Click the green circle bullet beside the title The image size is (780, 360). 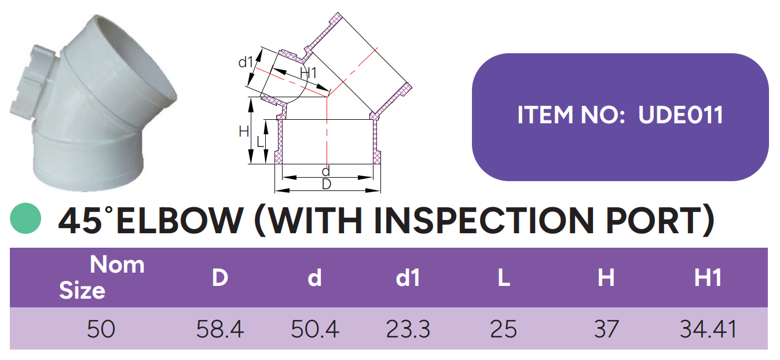(25, 218)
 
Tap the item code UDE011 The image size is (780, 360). (681, 115)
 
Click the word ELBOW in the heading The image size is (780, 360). (180, 221)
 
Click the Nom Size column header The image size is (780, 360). (101, 277)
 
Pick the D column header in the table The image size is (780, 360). (220, 278)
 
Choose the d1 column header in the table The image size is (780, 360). (408, 278)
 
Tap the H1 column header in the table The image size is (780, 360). (708, 278)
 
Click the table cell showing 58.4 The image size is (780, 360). (220, 329)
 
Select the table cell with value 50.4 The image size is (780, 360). (315, 329)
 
